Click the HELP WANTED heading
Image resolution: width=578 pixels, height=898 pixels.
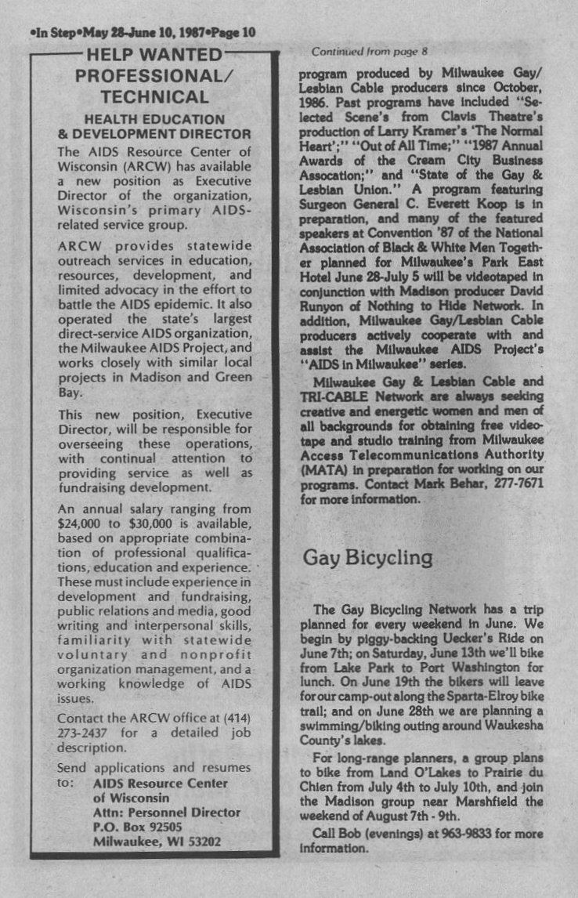tap(154, 56)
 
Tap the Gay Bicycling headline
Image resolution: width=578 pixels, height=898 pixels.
tap(367, 557)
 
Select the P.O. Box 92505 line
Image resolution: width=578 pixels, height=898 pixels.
tap(137, 826)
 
